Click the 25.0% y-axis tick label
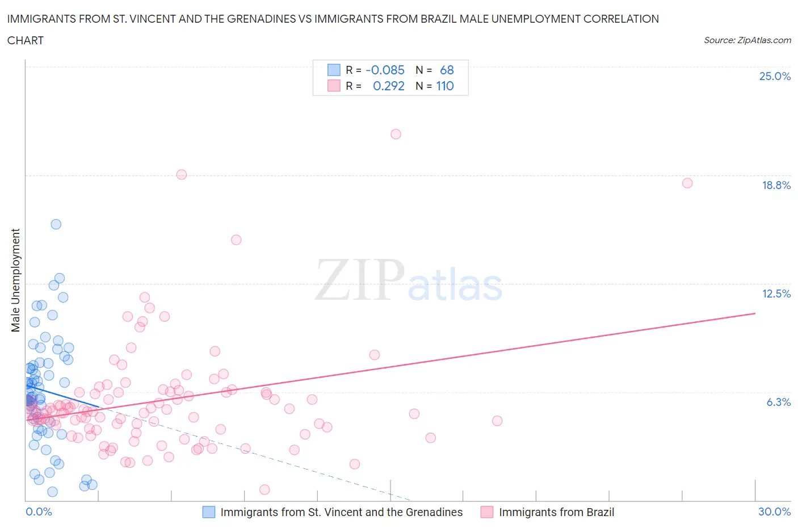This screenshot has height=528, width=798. [775, 77]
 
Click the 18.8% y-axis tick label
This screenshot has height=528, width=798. [776, 185]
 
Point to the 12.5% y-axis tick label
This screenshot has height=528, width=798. [776, 294]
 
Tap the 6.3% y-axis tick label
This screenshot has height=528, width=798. [778, 402]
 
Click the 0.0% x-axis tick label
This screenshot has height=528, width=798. [39, 512]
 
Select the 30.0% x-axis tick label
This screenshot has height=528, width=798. [774, 512]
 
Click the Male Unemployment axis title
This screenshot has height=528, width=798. [16, 280]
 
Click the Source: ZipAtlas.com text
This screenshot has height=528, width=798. [747, 40]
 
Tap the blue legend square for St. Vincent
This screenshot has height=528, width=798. [209, 512]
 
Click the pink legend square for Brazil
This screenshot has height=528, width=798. [487, 512]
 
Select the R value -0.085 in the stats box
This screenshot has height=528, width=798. [385, 70]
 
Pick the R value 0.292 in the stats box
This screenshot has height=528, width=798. [388, 86]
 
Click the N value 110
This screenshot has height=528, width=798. [444, 86]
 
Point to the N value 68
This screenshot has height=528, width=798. [447, 70]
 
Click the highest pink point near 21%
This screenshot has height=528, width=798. [396, 134]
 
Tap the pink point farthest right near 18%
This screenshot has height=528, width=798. [687, 183]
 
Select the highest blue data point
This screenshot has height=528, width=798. [56, 224]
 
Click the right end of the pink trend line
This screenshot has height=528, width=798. [755, 313]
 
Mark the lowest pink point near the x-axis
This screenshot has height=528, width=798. [264, 489]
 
